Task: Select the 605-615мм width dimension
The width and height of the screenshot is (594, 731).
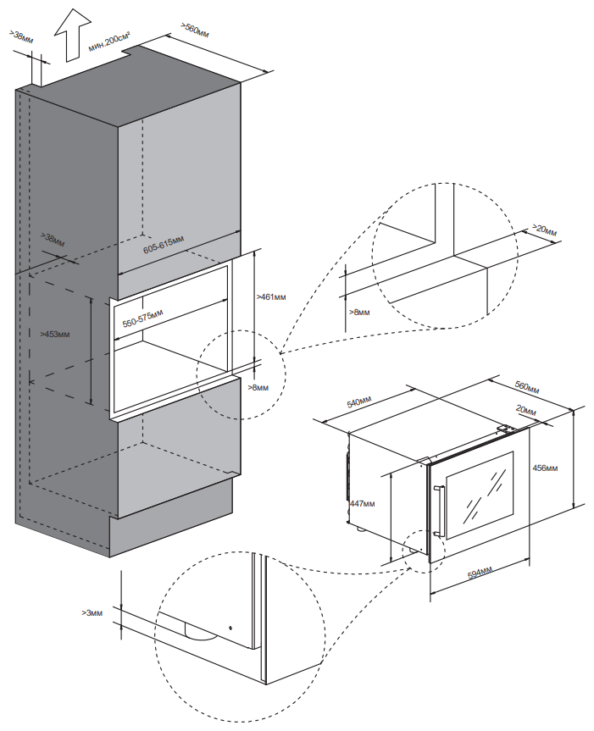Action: click(x=163, y=246)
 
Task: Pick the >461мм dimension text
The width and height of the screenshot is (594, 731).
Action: click(x=270, y=297)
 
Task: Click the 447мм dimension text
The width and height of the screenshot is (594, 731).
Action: click(x=363, y=503)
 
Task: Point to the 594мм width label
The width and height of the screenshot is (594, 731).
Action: click(x=481, y=573)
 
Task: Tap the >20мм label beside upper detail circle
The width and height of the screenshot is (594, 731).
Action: click(x=545, y=230)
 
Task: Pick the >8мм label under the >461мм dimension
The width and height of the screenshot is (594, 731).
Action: click(x=258, y=387)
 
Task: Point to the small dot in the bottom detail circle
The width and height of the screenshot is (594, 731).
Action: click(x=230, y=628)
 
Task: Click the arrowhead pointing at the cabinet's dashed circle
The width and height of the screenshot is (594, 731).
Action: click(x=282, y=352)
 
